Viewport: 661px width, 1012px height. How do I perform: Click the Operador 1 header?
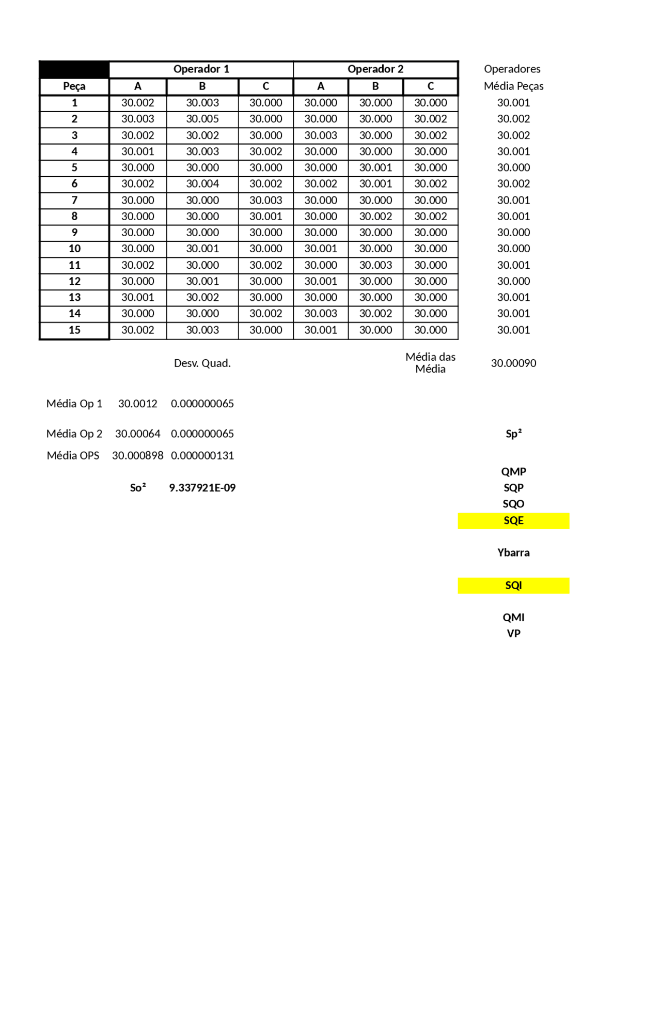(x=201, y=69)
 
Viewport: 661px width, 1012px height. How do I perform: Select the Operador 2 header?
(x=375, y=69)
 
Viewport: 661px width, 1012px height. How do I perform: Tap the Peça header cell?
(x=74, y=86)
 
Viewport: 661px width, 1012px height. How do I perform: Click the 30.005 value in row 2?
(x=202, y=119)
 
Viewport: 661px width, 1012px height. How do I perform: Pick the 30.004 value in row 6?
(x=202, y=183)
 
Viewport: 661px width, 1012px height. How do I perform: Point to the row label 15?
(x=74, y=330)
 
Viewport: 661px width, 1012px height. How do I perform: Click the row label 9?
(x=74, y=233)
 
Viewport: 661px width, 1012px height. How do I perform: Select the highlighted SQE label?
(x=513, y=520)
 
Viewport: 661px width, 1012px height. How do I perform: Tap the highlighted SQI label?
(x=513, y=586)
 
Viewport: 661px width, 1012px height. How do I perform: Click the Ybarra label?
(x=513, y=553)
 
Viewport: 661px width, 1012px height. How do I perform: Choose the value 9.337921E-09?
(x=202, y=488)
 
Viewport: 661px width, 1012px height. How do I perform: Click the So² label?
(x=138, y=488)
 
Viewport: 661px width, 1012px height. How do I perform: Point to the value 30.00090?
(x=513, y=363)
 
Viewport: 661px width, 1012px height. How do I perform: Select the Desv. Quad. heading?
(x=202, y=363)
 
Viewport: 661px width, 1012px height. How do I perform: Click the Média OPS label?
(x=73, y=456)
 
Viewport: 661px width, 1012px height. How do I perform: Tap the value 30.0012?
(x=138, y=404)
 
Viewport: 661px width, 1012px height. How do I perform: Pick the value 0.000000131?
(x=202, y=456)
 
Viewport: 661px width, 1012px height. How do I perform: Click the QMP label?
(x=513, y=471)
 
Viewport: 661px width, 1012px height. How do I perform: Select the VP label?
(x=513, y=634)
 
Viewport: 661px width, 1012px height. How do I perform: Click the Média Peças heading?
(x=513, y=86)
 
